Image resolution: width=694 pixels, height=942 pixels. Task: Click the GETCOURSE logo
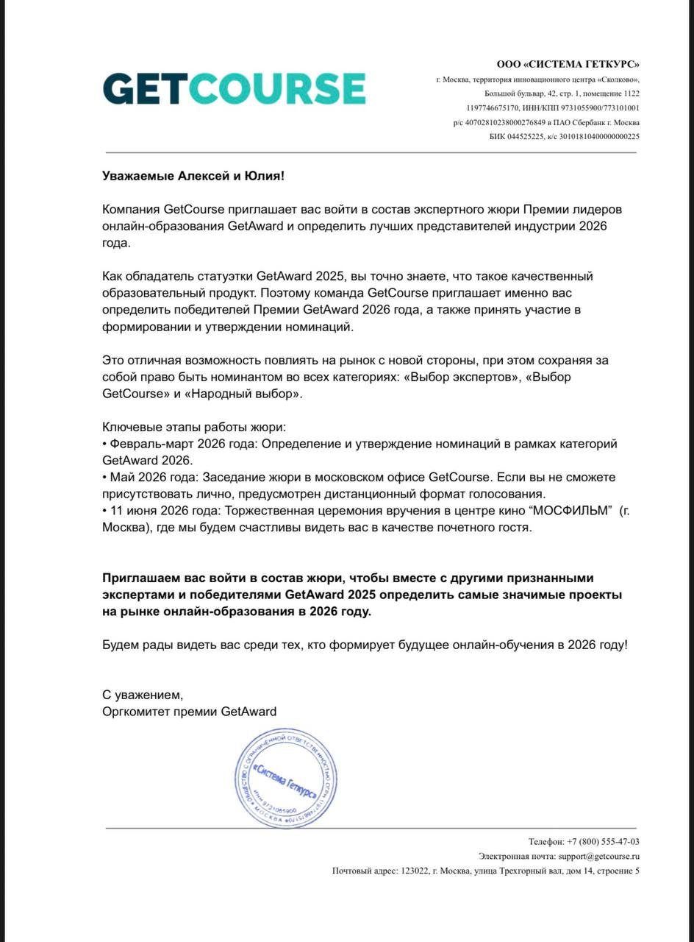click(234, 88)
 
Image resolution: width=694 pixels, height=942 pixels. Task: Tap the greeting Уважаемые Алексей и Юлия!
click(192, 176)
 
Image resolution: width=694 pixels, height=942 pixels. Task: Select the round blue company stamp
click(285, 780)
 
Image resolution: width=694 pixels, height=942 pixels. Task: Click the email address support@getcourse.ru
click(598, 856)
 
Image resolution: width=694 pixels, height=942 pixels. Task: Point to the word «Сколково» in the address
click(619, 79)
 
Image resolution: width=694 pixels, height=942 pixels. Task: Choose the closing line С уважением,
click(142, 694)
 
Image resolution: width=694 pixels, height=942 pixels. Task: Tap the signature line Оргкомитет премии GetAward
click(190, 711)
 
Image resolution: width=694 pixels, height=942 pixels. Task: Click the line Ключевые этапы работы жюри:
click(194, 427)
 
